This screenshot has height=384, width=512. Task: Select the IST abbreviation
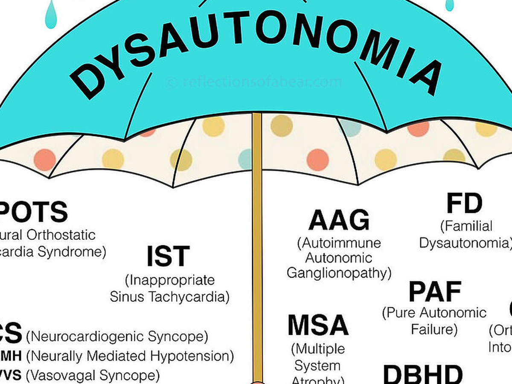pos(168,256)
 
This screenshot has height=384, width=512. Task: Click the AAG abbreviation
pos(339,221)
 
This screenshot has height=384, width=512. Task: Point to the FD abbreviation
pos(464,204)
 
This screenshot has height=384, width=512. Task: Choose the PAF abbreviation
pos(435,292)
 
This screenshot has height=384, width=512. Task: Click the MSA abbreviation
pos(318,326)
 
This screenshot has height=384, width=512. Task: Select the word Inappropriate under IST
pos(169,280)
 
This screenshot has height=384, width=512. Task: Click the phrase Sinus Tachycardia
pos(169,297)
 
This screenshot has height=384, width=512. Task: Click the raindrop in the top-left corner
pos(51,15)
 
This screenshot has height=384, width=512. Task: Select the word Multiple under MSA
pos(318,349)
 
